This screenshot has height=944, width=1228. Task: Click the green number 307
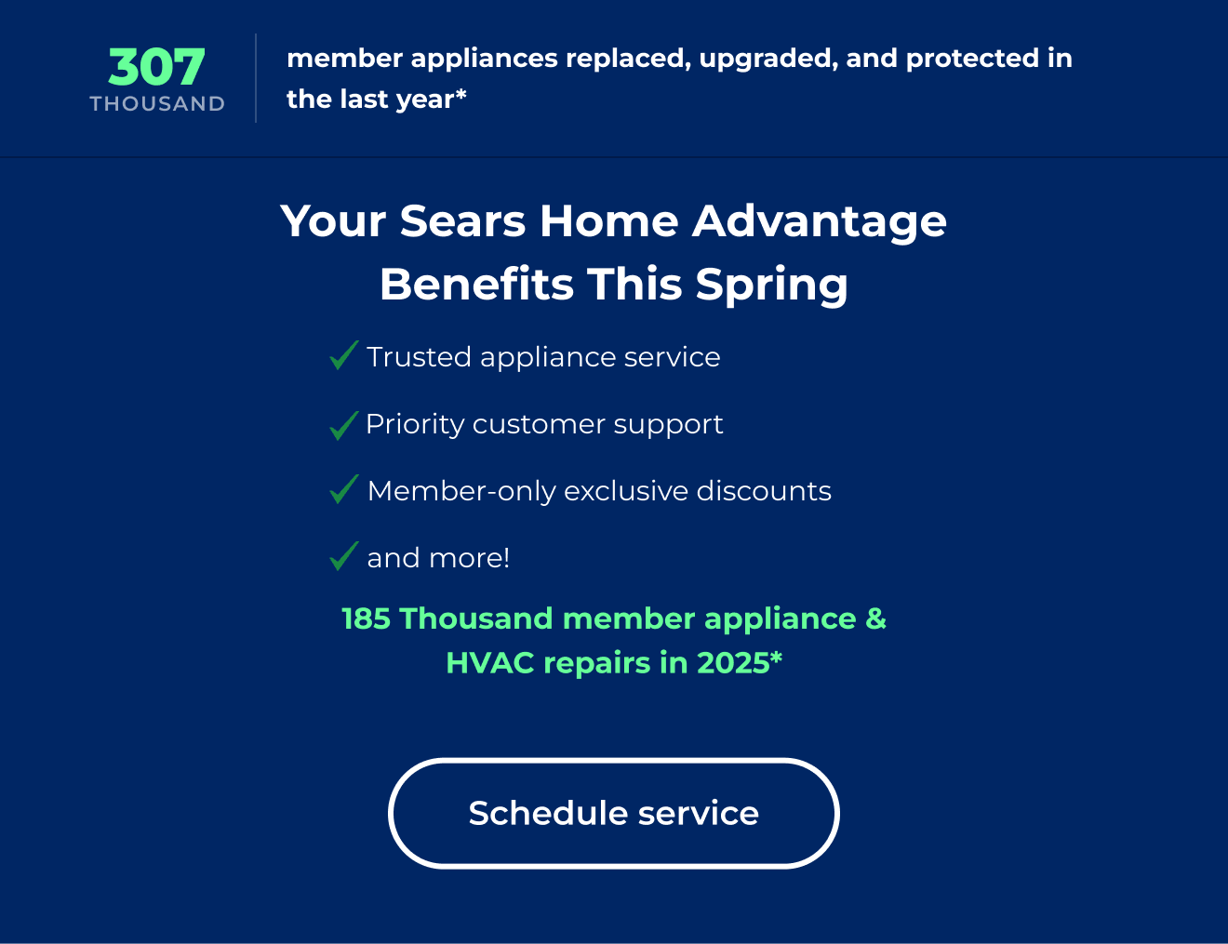pos(156,68)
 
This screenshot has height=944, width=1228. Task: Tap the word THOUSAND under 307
pos(157,104)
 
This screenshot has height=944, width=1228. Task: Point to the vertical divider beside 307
pos(256,78)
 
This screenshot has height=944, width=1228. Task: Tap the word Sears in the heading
pos(462,222)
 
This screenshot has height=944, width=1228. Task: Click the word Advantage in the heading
pos(819,222)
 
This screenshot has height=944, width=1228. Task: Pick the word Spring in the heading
pos(771,286)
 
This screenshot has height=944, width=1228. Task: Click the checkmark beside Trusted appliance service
pos(343,355)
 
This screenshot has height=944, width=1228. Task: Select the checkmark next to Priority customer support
pos(343,425)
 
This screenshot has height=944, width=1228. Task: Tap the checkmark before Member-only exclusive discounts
pos(343,489)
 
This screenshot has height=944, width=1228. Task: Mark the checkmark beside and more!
pos(343,556)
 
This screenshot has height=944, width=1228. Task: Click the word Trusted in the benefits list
pos(419,357)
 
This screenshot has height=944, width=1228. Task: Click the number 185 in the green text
pos(366,619)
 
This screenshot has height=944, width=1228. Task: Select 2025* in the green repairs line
pos(740,663)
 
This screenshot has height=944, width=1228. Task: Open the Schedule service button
pos(614,814)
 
